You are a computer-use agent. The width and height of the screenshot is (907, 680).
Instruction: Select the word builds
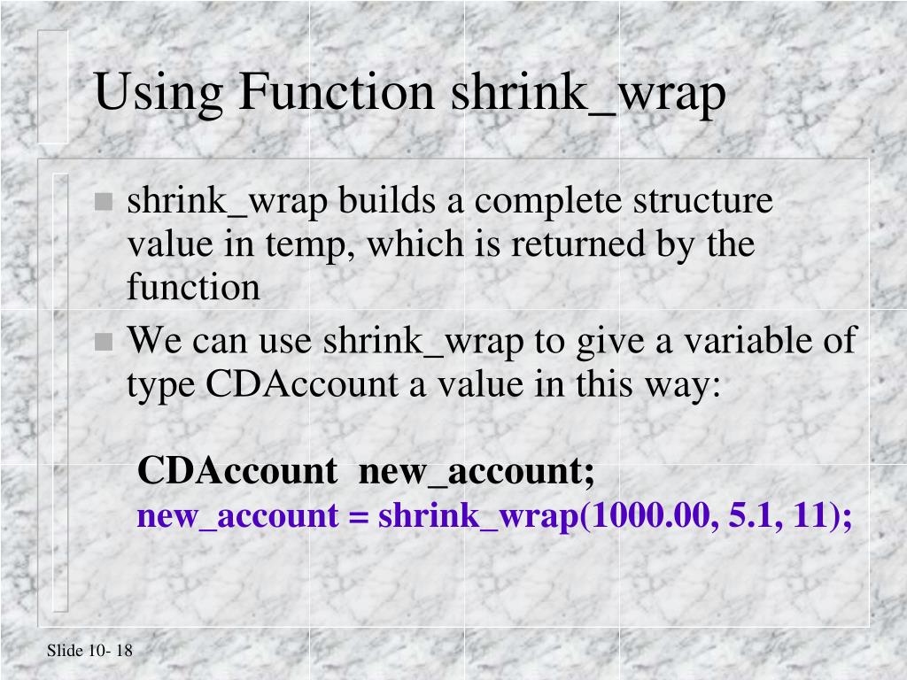click(390, 201)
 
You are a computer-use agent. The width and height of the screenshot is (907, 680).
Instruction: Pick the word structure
click(702, 201)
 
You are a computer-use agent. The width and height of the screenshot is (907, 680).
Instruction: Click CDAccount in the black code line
click(237, 471)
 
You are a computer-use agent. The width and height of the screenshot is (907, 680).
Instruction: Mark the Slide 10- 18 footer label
click(89, 652)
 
